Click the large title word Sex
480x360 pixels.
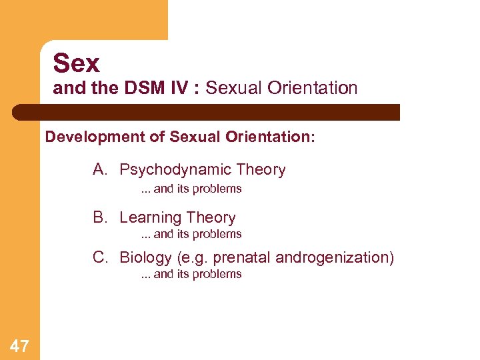point(76,63)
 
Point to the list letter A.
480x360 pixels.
point(99,169)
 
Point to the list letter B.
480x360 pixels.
point(99,217)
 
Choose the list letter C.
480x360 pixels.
point(99,257)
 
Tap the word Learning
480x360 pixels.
point(150,218)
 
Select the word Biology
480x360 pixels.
point(145,258)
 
